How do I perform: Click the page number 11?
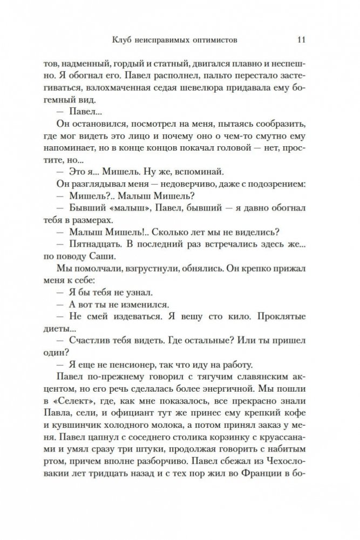coord(302,39)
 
